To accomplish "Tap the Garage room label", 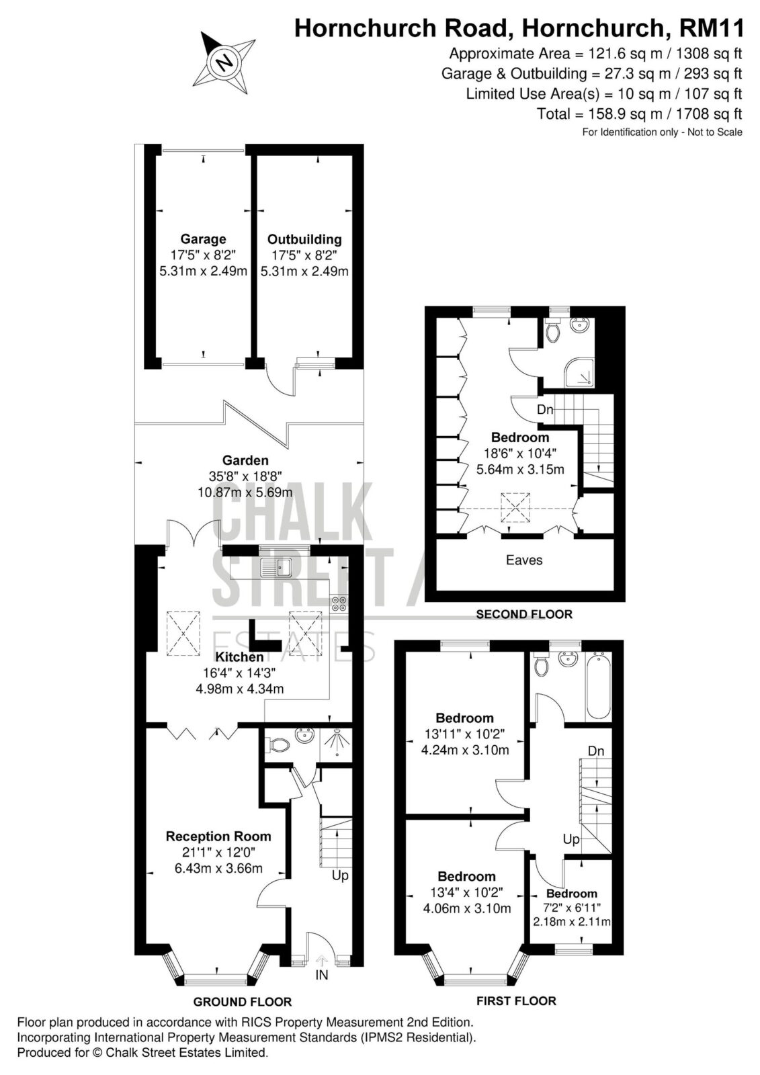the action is (203, 239).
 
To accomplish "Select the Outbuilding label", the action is (304, 239).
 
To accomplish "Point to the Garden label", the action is (245, 460).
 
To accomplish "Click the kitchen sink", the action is (277, 568).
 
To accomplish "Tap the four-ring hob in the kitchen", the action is (339, 603).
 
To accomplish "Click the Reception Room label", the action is (218, 836).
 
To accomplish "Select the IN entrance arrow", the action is (322, 959).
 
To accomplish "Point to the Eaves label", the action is (524, 560).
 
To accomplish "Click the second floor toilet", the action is (553, 330).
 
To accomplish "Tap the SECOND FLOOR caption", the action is (524, 614).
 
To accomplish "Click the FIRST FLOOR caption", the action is (516, 1001).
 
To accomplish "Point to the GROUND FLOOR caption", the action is (243, 1002).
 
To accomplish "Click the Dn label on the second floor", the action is (545, 410).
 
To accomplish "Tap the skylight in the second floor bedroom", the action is (516, 507).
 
